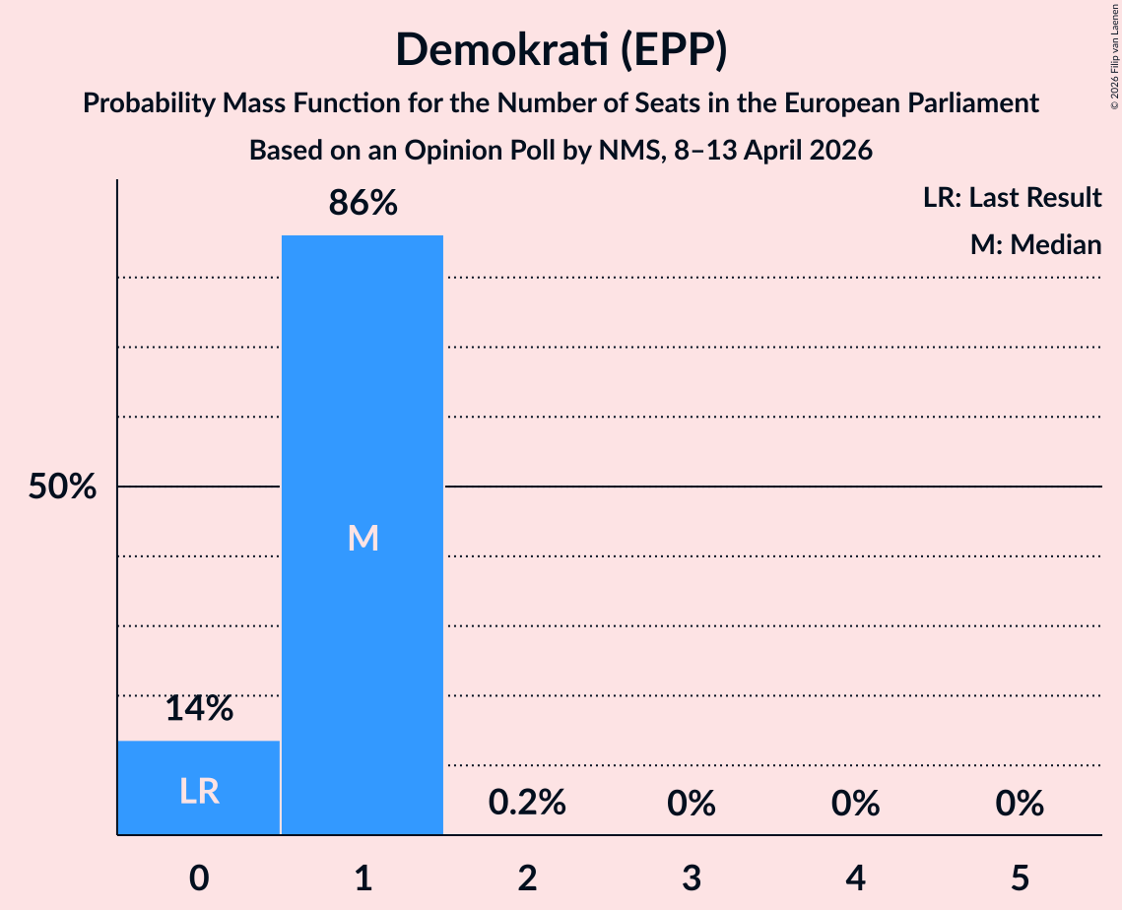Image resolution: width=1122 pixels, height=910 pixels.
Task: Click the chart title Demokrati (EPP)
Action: coord(561,49)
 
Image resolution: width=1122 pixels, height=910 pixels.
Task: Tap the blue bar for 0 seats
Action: coord(199,787)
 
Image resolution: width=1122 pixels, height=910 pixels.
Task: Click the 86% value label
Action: coord(363,204)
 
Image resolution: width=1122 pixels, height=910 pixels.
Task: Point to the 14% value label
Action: coord(199,708)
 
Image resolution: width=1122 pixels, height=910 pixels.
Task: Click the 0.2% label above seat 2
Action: coord(527,804)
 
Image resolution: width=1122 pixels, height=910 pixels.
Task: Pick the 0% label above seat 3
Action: coord(691,804)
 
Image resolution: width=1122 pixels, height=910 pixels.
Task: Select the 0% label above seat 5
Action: coord(1019,804)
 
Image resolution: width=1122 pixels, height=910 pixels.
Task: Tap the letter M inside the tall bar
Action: coord(363,538)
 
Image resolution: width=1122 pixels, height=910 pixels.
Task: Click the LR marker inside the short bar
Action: coord(199,791)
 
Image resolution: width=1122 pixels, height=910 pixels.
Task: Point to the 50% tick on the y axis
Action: coord(62,487)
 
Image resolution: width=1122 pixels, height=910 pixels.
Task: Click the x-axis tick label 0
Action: coord(199,877)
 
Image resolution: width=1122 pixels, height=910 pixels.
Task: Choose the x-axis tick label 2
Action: coord(527,877)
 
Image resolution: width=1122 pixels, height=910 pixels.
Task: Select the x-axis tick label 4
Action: coord(855,877)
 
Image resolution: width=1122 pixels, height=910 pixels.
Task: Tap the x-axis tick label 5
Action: coord(1019,877)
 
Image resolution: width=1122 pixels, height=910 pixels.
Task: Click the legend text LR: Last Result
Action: coord(1012,198)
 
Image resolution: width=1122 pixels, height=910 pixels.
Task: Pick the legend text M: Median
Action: coord(1035,244)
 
